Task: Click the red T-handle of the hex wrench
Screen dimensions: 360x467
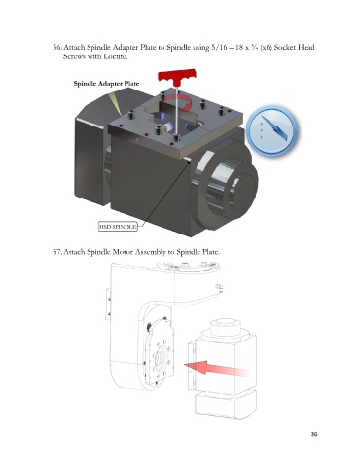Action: [177, 76]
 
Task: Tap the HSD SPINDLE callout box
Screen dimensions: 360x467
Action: [118, 226]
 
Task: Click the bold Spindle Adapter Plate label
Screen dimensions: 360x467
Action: [106, 84]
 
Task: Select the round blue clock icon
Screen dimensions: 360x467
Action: [271, 130]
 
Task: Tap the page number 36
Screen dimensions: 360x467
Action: [314, 434]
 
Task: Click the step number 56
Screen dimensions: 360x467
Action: [57, 47]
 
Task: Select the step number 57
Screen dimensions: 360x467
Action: [57, 252]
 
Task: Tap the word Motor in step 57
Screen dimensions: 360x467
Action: [123, 252]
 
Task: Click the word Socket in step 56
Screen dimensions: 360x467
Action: [285, 47]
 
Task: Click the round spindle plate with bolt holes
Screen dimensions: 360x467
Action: [160, 358]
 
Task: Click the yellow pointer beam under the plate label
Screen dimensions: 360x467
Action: [115, 103]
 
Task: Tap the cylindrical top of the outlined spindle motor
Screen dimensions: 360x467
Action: [226, 328]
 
